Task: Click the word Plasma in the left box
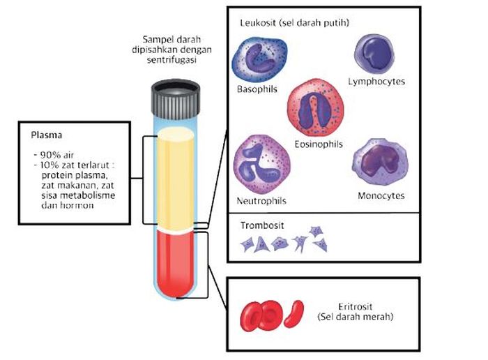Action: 47,135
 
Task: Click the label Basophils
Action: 257,89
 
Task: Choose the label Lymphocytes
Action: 376,82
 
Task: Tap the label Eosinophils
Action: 319,144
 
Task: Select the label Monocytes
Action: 381,195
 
